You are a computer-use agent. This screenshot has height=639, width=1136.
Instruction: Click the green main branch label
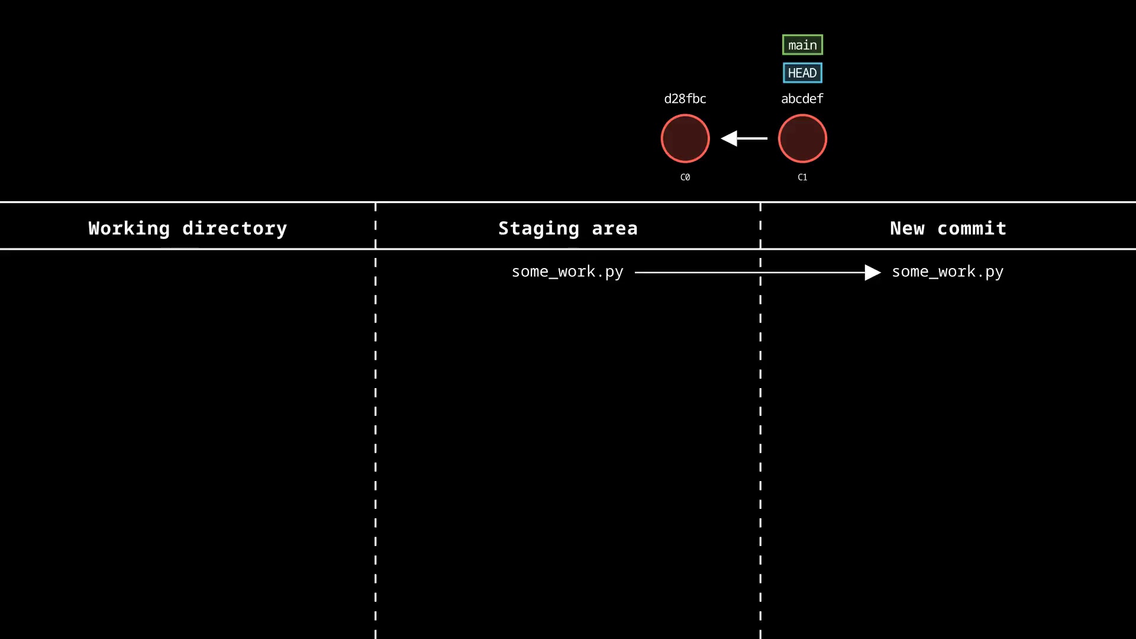(802, 45)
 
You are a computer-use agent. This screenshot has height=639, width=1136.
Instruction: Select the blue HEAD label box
(802, 73)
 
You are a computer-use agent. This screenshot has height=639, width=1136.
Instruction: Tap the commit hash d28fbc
(685, 99)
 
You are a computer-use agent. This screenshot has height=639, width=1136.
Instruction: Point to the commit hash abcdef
(802, 99)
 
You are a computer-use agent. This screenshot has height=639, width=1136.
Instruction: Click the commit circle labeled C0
(685, 138)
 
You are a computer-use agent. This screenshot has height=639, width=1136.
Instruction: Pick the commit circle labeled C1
(802, 138)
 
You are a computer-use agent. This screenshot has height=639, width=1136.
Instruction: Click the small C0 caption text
(685, 177)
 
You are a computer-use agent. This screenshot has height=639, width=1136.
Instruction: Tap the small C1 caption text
(802, 177)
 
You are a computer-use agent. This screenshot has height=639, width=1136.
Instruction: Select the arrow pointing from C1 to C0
(744, 138)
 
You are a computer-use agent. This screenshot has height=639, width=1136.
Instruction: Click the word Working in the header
(129, 229)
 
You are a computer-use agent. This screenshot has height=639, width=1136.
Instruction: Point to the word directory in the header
(234, 228)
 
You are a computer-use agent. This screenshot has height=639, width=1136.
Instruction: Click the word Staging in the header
(538, 229)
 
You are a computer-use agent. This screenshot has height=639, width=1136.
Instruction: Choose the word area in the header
(615, 229)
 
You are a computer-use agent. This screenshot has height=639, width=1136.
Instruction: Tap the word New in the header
(907, 228)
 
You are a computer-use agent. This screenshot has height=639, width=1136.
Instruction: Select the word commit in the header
(972, 228)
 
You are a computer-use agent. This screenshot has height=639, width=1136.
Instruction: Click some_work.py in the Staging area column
(567, 272)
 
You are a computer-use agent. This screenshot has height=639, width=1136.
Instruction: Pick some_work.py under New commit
(948, 272)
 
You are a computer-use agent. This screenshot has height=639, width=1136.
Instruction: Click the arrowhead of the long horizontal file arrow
(873, 272)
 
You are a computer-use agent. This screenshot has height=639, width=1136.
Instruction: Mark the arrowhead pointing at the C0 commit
(729, 138)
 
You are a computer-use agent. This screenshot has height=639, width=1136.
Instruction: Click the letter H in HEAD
(792, 73)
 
